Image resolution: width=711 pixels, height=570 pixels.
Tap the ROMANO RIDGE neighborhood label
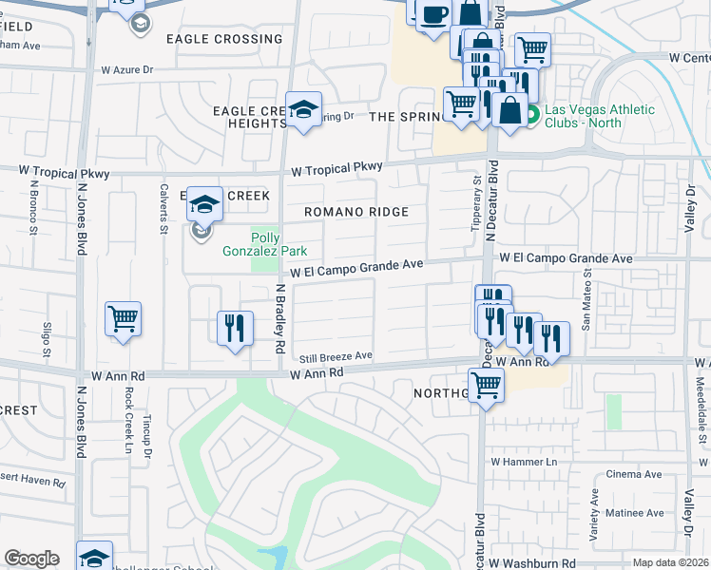[356, 212]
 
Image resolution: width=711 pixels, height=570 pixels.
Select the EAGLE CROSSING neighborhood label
[224, 39]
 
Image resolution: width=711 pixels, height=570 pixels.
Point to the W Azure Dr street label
[141, 70]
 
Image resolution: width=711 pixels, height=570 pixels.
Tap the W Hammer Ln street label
[523, 461]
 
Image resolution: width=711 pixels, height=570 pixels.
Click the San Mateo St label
[586, 298]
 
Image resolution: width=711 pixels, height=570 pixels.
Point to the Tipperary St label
[476, 205]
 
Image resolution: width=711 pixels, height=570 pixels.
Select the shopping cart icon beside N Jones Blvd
[124, 319]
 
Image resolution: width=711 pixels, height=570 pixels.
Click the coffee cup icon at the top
[434, 15]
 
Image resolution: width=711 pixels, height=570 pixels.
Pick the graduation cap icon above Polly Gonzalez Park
[204, 202]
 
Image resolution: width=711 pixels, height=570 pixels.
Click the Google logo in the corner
[31, 559]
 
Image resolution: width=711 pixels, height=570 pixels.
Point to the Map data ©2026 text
[671, 562]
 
